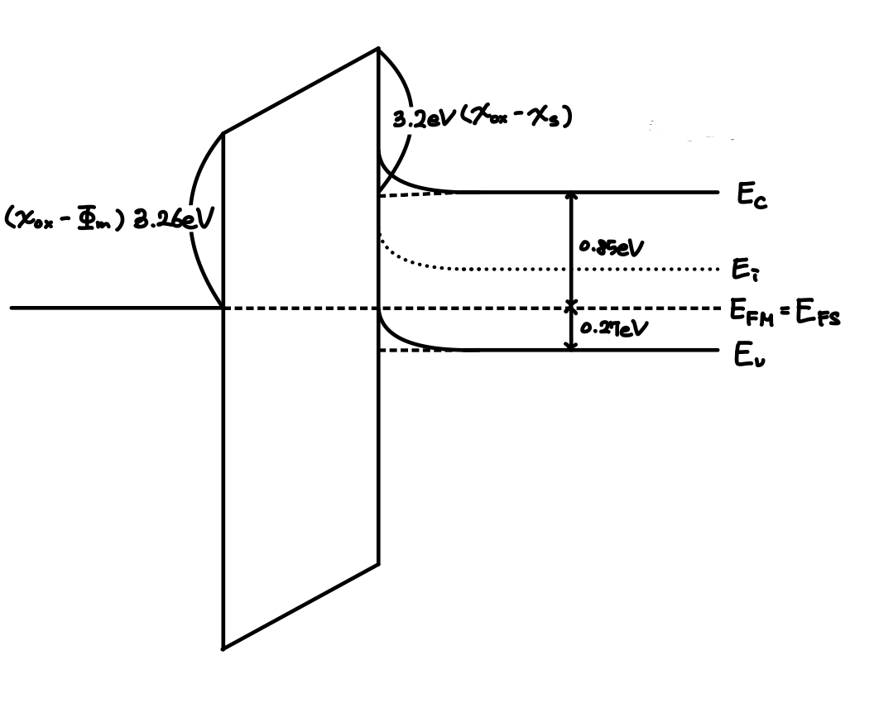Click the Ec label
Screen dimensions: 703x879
pos(752,196)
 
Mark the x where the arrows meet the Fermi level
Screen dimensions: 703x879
pos(569,307)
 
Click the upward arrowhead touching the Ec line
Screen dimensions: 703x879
pos(569,198)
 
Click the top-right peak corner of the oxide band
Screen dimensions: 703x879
pos(378,50)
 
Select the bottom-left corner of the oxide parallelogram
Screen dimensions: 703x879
pos(223,648)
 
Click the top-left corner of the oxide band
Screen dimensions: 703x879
pos(223,132)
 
